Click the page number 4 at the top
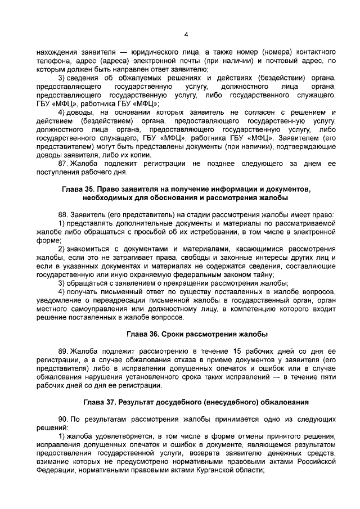point(186,34)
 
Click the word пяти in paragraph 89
point(327,376)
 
